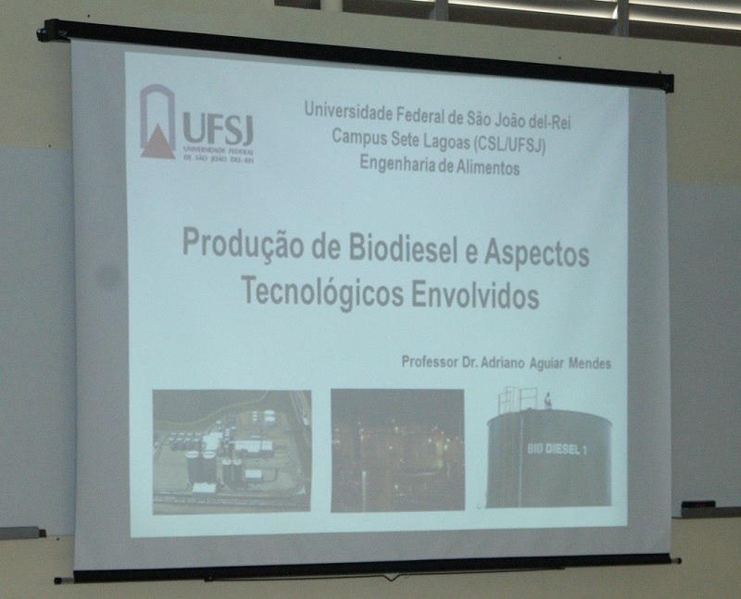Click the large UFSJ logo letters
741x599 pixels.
(x=218, y=128)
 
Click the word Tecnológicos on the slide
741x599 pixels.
(x=322, y=292)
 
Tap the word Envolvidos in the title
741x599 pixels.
(x=475, y=295)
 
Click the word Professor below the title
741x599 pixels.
(x=430, y=361)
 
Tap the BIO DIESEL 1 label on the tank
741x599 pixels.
(x=557, y=449)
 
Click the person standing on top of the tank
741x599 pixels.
(x=547, y=400)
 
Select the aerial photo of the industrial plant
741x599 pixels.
(x=232, y=451)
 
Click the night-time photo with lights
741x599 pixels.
(x=397, y=450)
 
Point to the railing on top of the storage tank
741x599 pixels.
(x=517, y=400)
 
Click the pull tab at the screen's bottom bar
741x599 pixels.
(x=391, y=577)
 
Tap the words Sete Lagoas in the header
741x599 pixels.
(x=431, y=139)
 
